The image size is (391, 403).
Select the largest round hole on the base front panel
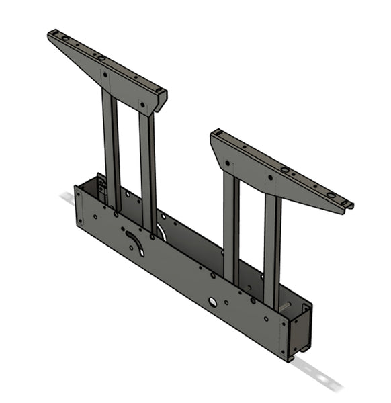coord(212,302)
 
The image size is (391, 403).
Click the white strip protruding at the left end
coord(67,199)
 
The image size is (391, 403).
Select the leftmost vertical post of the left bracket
coord(111,148)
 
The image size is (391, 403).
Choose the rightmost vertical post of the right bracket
coord(271,249)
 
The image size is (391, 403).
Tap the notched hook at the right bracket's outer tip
coord(345,204)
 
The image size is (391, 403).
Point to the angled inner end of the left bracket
coord(161,101)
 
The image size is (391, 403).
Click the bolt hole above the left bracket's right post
coord(142,103)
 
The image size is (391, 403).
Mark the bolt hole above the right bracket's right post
coord(271,178)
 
